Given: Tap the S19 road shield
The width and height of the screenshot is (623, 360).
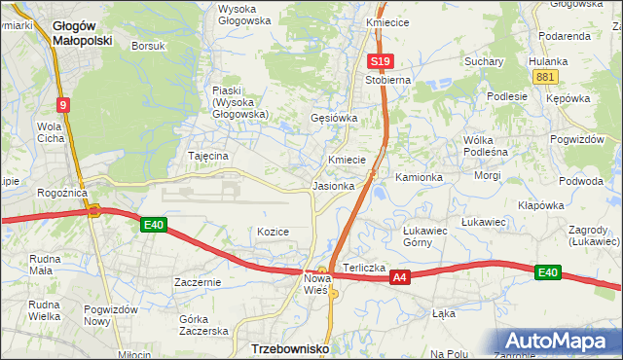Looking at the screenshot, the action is [x=380, y=61].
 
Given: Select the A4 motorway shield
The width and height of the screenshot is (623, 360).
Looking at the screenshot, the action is [x=398, y=278].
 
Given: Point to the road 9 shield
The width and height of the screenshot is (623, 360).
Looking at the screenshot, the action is [x=62, y=105].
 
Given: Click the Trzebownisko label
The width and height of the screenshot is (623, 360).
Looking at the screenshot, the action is [x=290, y=347].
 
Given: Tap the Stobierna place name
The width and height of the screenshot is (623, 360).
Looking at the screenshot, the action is [x=388, y=80].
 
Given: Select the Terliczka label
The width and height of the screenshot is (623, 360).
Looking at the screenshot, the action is [x=364, y=267].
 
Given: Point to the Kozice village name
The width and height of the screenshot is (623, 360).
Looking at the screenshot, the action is [x=274, y=232].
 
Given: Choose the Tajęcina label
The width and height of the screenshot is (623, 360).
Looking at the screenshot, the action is [x=207, y=156].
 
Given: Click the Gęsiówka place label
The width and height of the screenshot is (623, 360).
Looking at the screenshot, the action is [x=334, y=118].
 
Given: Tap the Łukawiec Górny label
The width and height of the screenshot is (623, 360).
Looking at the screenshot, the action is [x=424, y=236].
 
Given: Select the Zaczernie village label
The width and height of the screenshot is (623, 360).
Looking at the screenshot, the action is [x=198, y=282].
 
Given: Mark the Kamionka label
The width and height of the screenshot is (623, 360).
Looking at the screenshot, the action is [x=419, y=178].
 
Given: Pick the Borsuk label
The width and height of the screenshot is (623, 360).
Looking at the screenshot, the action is [x=149, y=46].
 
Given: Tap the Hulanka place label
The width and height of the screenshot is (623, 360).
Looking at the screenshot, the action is [x=548, y=60].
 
